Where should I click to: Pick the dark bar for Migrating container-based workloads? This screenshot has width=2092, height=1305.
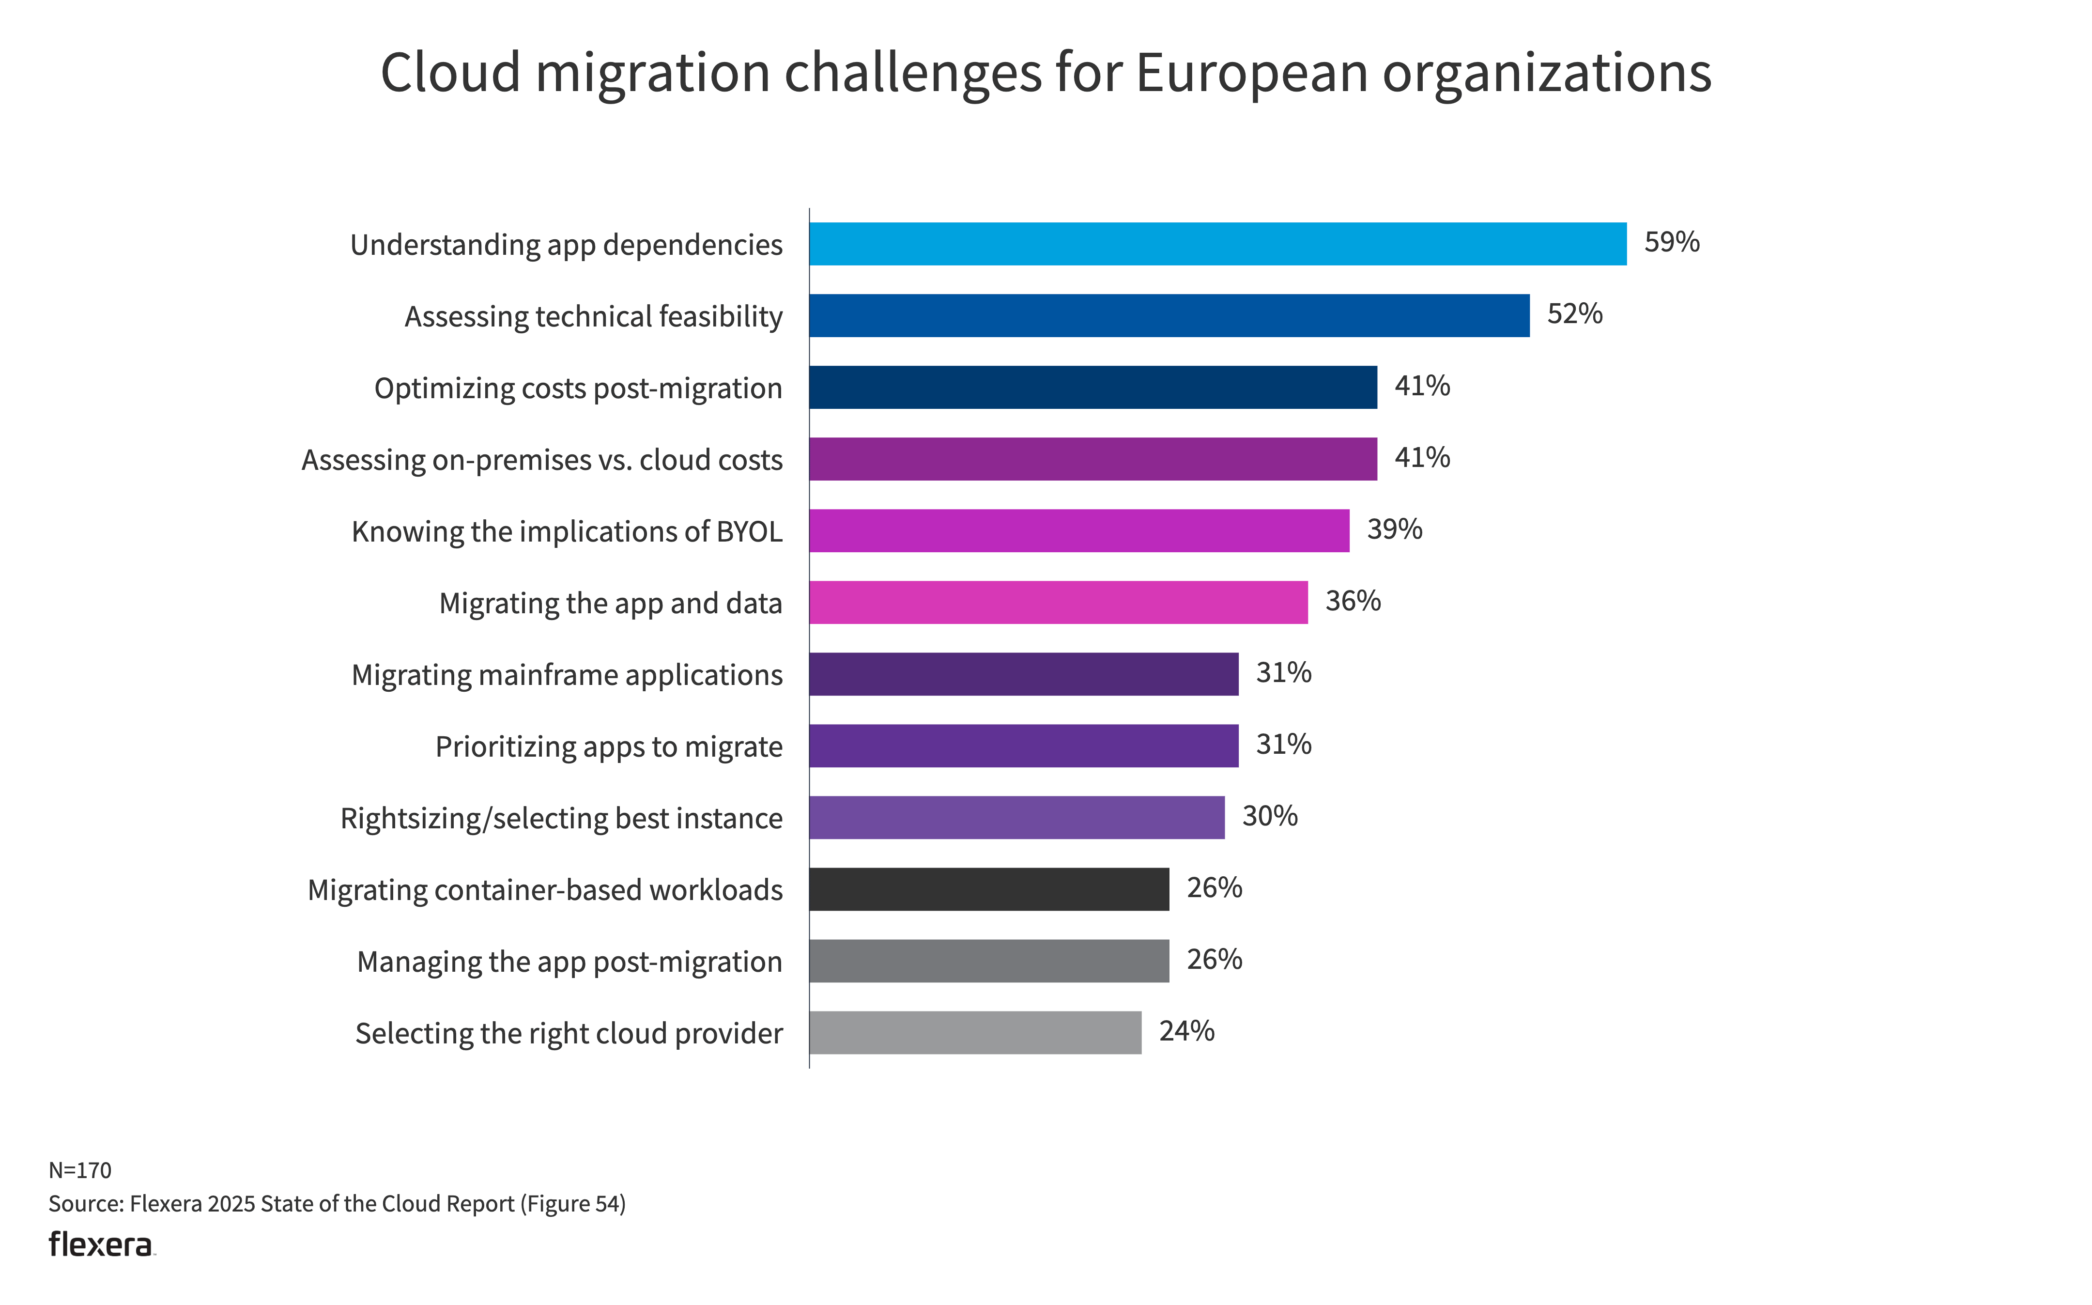click(989, 889)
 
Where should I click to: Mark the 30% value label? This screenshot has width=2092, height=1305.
click(1269, 816)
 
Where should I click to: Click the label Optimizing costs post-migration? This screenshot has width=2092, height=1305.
click(578, 388)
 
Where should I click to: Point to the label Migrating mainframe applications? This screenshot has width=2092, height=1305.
click(567, 675)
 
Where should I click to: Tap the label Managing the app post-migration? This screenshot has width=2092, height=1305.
click(569, 962)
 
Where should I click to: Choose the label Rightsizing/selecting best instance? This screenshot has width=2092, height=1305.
click(562, 818)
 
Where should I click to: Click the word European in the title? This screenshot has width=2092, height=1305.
click(1251, 73)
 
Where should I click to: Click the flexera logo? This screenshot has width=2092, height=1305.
click(101, 1244)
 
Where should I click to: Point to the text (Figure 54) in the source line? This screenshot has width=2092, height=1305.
click(573, 1204)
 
